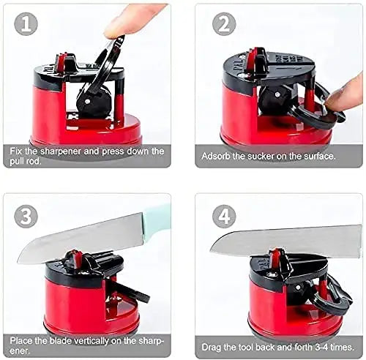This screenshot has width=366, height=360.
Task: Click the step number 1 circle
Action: [26, 24]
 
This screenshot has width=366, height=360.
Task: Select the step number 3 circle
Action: [26, 217]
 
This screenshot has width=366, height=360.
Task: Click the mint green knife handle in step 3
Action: [157, 217]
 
